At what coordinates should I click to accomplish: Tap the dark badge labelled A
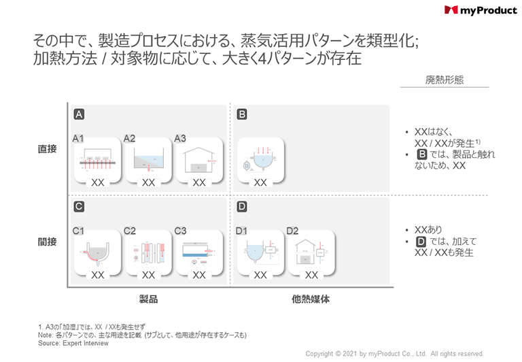(80, 114)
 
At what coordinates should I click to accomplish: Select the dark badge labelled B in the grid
(241, 114)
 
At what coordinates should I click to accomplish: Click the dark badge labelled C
(80, 207)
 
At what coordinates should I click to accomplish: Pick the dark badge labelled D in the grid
(241, 207)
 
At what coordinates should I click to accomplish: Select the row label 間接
(48, 242)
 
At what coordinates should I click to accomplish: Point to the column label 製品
(148, 299)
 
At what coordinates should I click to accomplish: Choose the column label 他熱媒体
(311, 299)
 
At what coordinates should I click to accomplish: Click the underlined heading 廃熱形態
(445, 80)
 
